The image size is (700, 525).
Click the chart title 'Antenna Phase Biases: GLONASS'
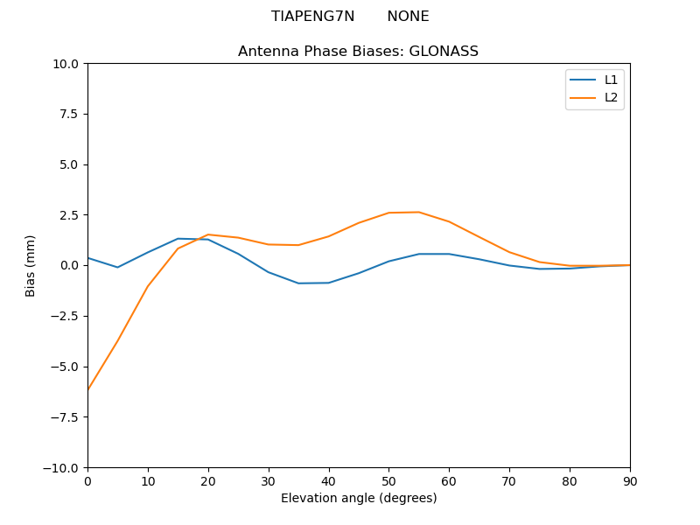358,52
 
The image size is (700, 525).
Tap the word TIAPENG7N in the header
313,17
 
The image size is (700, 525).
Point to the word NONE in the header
408,17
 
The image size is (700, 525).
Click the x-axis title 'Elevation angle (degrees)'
359,499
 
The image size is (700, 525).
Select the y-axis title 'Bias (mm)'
31,265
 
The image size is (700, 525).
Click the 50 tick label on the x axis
388,480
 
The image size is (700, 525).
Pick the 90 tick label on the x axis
630,480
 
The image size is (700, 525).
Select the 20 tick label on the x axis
208,480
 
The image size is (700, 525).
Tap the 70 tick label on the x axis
509,480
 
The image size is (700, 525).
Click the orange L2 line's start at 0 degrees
88,389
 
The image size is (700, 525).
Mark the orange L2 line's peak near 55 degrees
419,213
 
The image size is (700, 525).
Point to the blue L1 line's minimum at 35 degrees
298,283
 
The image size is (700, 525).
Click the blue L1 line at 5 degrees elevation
117,268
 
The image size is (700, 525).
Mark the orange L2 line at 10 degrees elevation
148,286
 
